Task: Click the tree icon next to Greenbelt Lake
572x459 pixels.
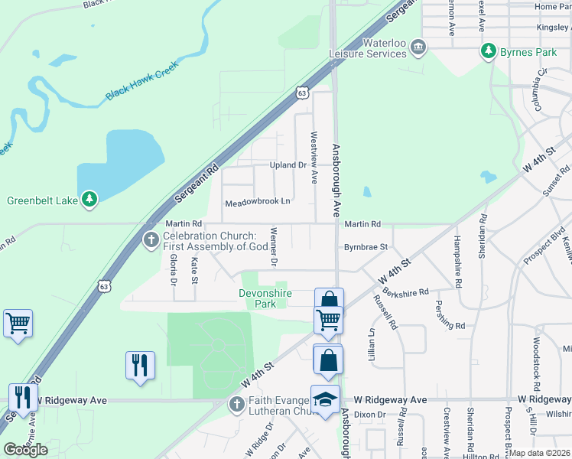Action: [90, 200]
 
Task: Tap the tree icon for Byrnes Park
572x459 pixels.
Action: [487, 51]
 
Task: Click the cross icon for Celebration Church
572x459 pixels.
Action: [151, 241]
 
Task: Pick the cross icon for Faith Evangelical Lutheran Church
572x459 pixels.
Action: [236, 403]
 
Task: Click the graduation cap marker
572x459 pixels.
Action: [325, 399]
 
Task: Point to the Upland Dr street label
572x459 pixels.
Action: [288, 165]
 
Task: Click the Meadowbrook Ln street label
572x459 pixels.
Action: [258, 203]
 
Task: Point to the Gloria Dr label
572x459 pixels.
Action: [174, 271]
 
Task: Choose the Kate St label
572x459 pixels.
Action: [194, 269]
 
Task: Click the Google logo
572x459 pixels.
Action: [25, 450]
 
